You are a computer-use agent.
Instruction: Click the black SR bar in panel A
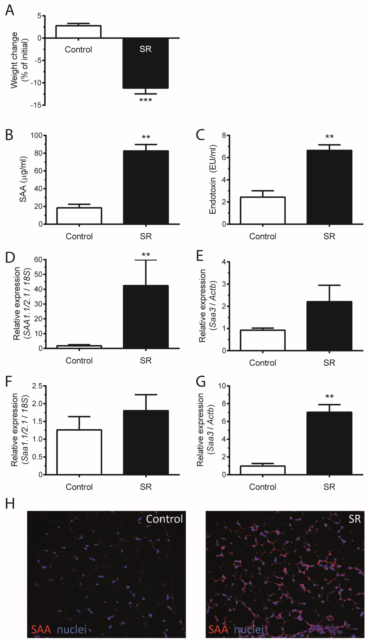pos(145,66)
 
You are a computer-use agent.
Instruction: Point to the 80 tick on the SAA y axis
pos(38,153)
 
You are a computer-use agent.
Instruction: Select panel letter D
pos(10,258)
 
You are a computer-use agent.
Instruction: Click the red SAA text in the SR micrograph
pos(218,629)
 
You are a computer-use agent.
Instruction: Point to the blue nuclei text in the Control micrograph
pos(72,629)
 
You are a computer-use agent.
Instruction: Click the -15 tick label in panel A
pos(36,105)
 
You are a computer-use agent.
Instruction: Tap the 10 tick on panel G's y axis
pos(222,386)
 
